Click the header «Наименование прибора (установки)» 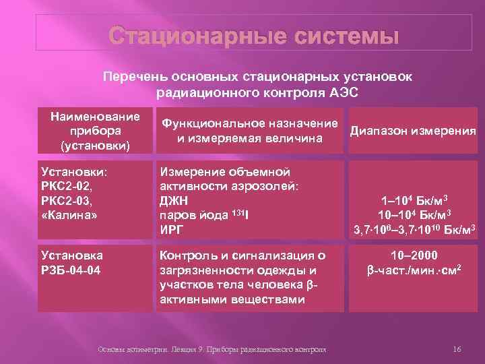pyautogui.click(x=95, y=131)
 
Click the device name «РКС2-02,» pyautogui.click(x=66, y=185)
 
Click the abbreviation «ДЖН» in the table pyautogui.click(x=174, y=200)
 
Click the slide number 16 pyautogui.click(x=456, y=349)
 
